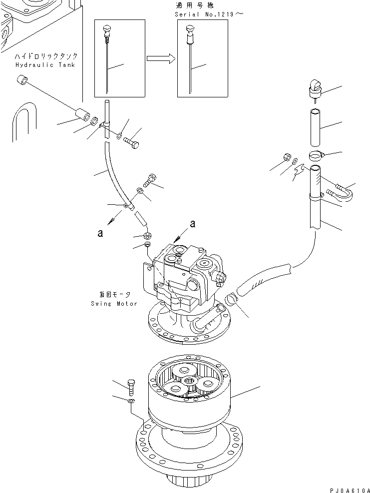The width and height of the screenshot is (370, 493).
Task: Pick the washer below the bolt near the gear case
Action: click(131, 400)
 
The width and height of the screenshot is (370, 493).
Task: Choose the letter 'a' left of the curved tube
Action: click(101, 233)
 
